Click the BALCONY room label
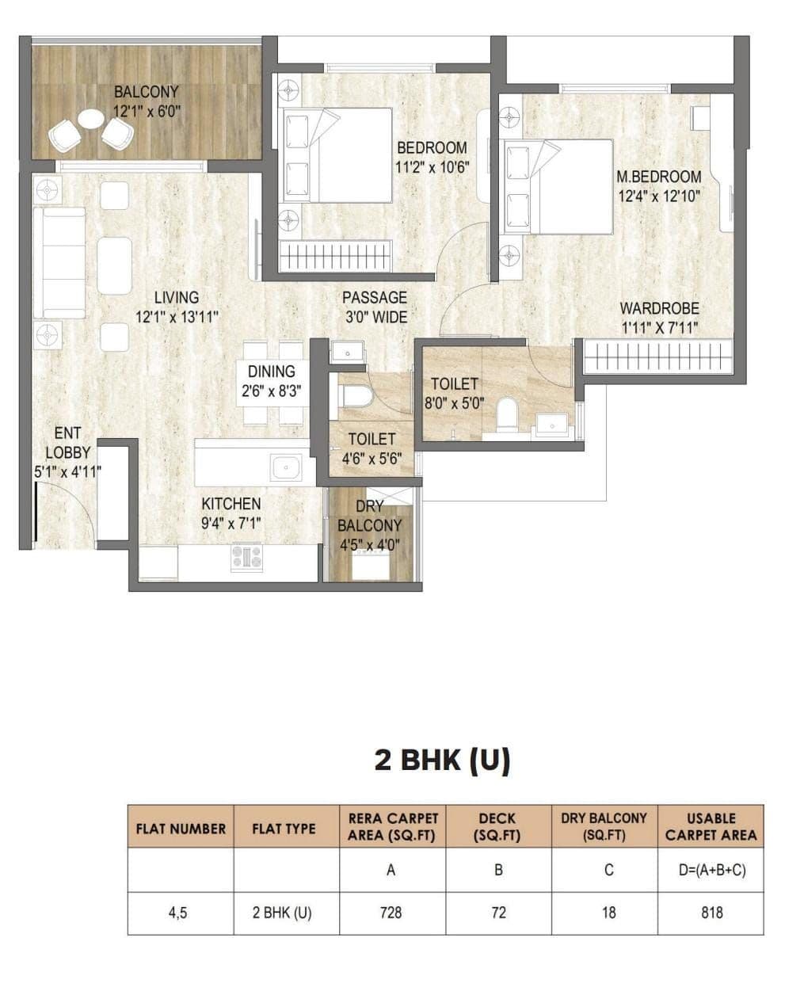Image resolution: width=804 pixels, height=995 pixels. click(x=147, y=93)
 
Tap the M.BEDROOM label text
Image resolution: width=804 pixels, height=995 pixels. click(x=659, y=177)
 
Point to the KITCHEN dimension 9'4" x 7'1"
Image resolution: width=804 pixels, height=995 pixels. click(x=231, y=523)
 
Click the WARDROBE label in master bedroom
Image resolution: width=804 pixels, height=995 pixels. click(x=659, y=308)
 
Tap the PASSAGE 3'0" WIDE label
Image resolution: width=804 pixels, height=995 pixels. click(x=375, y=307)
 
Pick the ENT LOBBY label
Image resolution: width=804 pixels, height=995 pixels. click(x=67, y=443)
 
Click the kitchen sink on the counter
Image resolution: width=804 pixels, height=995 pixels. click(x=285, y=467)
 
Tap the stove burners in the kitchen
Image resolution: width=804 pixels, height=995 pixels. click(x=246, y=556)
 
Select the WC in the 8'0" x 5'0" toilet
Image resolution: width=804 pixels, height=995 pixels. click(x=506, y=412)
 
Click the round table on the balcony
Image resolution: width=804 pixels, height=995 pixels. click(x=91, y=119)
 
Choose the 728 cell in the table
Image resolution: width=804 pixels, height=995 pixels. click(x=391, y=913)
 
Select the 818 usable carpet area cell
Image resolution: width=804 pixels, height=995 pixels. click(x=711, y=913)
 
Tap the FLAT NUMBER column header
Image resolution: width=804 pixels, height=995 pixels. click(x=181, y=829)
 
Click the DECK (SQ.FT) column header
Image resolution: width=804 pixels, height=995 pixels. click(x=498, y=826)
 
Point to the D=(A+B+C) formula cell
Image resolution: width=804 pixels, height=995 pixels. click(x=711, y=870)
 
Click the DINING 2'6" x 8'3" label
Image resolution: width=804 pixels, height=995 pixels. click(x=271, y=380)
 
